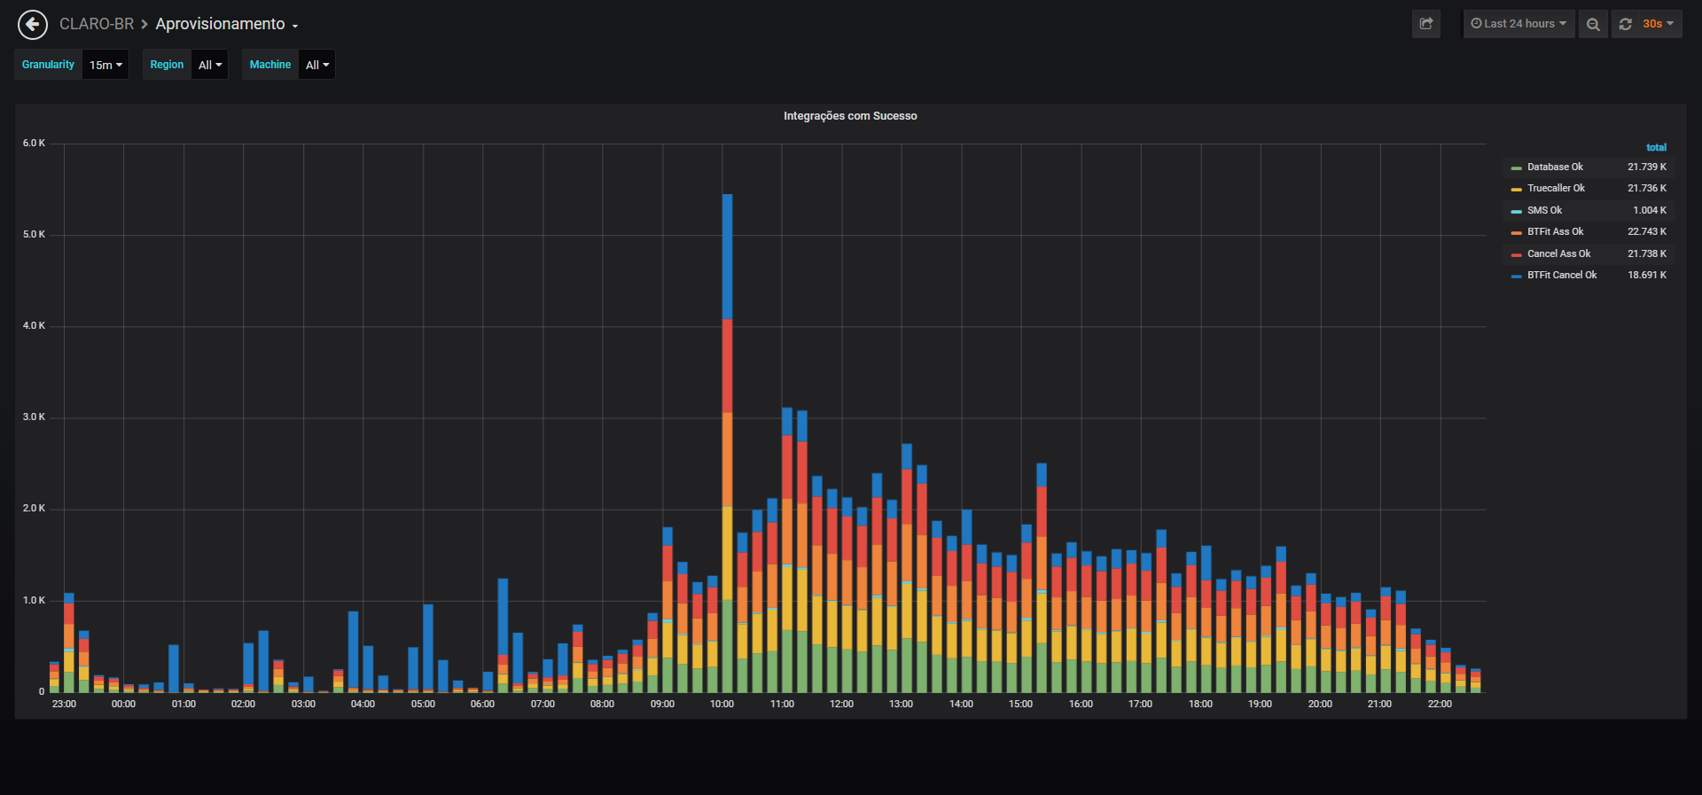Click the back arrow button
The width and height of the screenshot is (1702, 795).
33,24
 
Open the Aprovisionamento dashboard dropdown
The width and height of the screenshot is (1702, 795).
226,24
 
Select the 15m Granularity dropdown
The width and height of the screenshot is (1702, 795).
105,65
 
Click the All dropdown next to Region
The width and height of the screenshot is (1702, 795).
210,65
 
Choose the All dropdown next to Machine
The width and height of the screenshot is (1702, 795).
316,65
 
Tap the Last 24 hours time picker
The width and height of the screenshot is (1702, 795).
1519,24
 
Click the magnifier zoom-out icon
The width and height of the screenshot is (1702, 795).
1593,24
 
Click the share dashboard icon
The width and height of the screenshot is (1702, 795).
1426,24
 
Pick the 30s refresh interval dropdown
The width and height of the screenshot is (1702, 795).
1658,24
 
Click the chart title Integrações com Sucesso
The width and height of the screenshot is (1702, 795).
850,116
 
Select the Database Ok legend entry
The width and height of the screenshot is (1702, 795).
1555,167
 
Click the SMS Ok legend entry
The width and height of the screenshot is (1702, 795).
1544,210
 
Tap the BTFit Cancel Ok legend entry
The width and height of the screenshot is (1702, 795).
1562,275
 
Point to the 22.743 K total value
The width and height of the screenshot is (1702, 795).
1647,231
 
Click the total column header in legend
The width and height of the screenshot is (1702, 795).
1656,147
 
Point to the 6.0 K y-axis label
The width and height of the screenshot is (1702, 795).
34,143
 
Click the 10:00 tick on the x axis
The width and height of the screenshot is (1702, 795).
722,704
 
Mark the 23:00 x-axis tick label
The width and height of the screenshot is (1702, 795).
64,704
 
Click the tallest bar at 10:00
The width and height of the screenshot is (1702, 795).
727,443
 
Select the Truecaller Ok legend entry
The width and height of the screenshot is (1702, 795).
1556,188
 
